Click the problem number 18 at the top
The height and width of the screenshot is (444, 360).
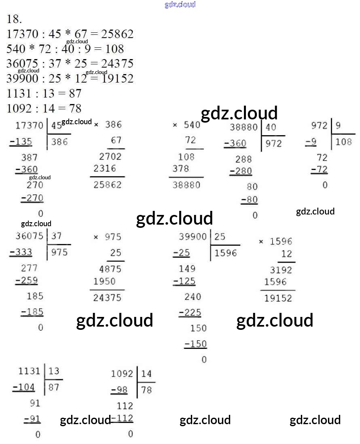[14, 19]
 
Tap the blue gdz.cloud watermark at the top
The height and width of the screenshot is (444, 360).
[180, 4]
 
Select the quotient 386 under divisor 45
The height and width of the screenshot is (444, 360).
[59, 142]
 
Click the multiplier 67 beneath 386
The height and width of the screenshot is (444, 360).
[116, 140]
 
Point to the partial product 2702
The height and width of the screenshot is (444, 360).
[110, 157]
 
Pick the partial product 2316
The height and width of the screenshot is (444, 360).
[104, 168]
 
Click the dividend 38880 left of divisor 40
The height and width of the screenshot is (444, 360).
[244, 127]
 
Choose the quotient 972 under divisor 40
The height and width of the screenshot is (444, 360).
[274, 143]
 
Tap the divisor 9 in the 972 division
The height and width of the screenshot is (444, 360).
[338, 125]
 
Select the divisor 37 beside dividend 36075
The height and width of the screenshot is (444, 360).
[57, 236]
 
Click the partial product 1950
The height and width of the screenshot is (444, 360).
[104, 281]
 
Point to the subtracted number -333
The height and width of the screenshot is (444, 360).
[21, 253]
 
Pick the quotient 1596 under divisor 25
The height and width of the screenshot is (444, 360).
[226, 253]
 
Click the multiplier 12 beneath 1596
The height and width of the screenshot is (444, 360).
[286, 254]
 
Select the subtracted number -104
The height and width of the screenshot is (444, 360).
[24, 387]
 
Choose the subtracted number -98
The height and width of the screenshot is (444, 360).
[119, 390]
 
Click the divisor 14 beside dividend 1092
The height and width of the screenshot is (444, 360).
[146, 374]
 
